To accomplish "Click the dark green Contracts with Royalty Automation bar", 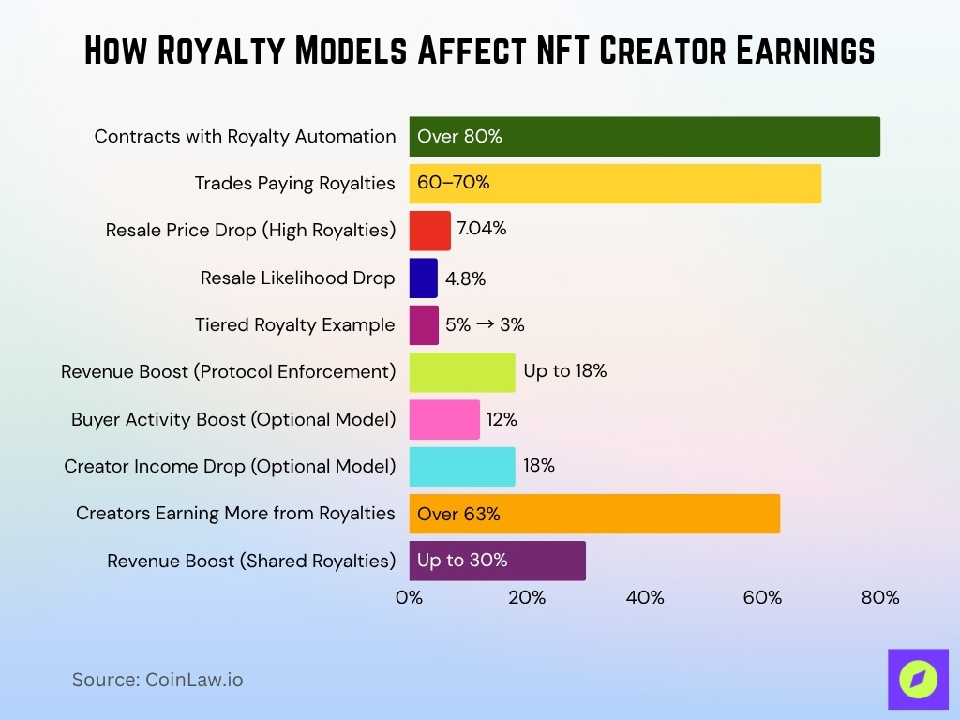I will [644, 136].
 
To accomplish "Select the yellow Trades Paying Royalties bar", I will [615, 183].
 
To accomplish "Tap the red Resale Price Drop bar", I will [429, 231].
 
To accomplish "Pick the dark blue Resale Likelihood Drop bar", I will [423, 278].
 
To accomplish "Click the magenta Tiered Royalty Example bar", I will [424, 325].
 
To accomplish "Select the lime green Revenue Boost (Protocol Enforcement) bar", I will [462, 372].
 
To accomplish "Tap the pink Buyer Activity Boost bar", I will [444, 419].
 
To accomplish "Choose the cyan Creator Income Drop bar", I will [462, 466].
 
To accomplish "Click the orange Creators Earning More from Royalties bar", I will [594, 514].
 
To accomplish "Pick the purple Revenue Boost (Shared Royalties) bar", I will [497, 561].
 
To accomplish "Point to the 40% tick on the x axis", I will [645, 597].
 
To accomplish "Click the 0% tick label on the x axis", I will [410, 597].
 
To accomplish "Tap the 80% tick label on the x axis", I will [880, 597].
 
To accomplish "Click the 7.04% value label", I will [481, 229].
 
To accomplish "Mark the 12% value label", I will [502, 419].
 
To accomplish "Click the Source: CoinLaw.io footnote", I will [157, 680].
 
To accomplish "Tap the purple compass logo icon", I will [918, 679].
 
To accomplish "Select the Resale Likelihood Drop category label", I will [297, 278].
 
